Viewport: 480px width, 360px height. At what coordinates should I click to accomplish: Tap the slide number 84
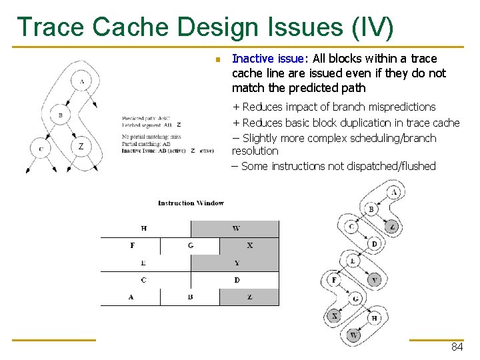click(457, 347)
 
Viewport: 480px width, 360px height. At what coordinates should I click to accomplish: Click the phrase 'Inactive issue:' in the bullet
click(270, 58)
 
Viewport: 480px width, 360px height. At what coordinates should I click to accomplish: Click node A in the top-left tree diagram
click(81, 82)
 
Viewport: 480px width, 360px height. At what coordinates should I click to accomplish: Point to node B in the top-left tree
click(60, 115)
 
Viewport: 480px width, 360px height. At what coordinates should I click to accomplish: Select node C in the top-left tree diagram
click(41, 149)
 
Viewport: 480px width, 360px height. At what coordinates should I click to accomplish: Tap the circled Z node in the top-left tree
click(81, 146)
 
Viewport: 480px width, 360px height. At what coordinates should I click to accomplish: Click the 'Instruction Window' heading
click(191, 203)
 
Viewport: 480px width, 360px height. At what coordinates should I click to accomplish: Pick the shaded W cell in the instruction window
click(236, 229)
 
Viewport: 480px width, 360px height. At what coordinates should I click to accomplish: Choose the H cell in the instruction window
click(144, 229)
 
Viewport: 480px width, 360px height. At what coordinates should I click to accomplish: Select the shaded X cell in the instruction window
click(249, 245)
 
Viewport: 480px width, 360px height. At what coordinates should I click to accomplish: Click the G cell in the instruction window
click(191, 245)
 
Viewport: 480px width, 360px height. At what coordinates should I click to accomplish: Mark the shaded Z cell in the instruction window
click(249, 297)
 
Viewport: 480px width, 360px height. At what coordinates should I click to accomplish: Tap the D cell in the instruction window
click(236, 280)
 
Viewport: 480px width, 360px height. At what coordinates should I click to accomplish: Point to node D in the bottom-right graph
click(374, 243)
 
